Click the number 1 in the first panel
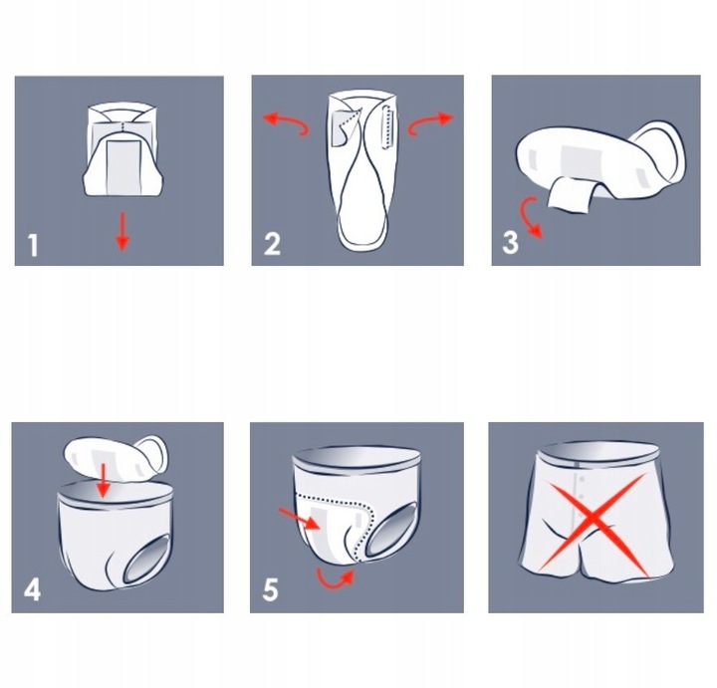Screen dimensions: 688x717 [33, 244]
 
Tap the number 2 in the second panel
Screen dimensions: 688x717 [272, 244]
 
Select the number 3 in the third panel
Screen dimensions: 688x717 [511, 242]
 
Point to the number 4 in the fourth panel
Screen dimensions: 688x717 [32, 589]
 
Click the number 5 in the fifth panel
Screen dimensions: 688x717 [271, 589]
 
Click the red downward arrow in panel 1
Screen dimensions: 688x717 [121, 230]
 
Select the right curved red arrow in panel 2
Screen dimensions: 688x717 [430, 121]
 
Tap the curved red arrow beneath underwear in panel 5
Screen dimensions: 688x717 [335, 578]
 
